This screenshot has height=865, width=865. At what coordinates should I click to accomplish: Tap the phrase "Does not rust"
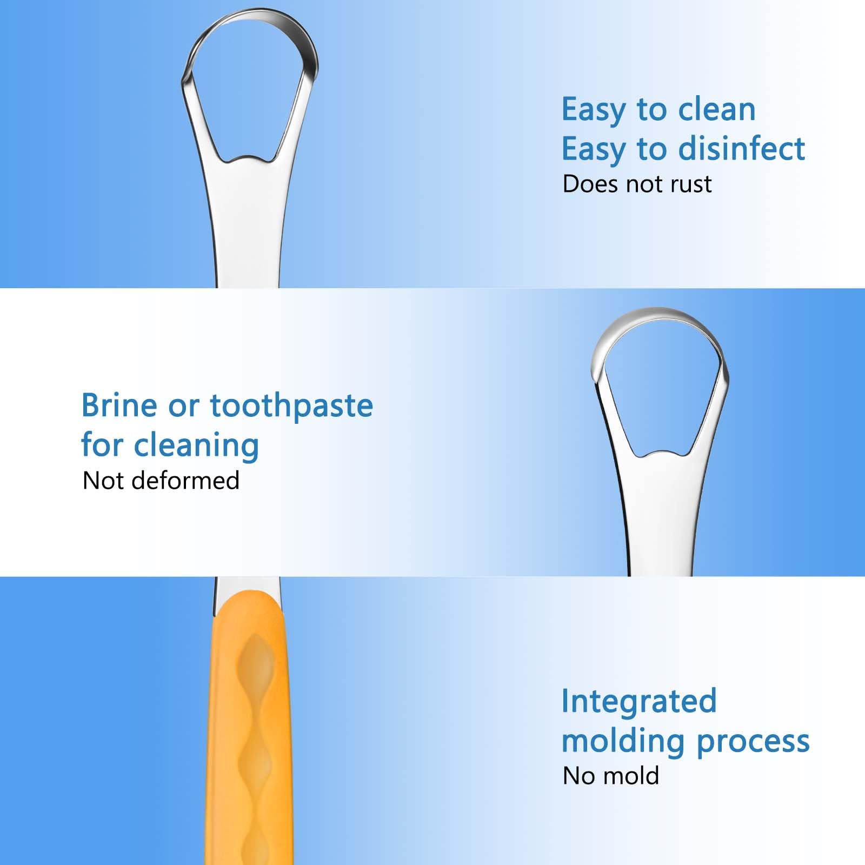(637, 184)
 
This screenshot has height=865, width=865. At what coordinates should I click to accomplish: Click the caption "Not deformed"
(161, 481)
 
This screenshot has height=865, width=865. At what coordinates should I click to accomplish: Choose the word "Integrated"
(638, 701)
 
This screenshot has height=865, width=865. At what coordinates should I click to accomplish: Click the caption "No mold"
(610, 776)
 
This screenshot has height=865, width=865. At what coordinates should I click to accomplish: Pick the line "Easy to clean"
(658, 109)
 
